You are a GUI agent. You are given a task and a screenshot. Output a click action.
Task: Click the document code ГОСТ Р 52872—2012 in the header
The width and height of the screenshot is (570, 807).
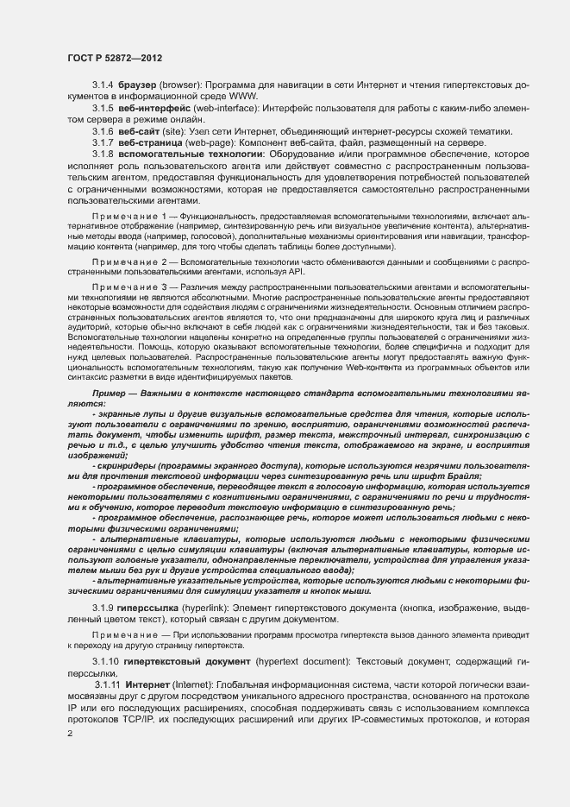115,57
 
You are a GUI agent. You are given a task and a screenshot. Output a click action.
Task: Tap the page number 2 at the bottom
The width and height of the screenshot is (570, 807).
69,734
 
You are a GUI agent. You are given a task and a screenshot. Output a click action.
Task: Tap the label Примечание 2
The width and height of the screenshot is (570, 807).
133,260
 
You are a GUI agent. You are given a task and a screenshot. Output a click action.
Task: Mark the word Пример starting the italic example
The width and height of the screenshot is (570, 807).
110,394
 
